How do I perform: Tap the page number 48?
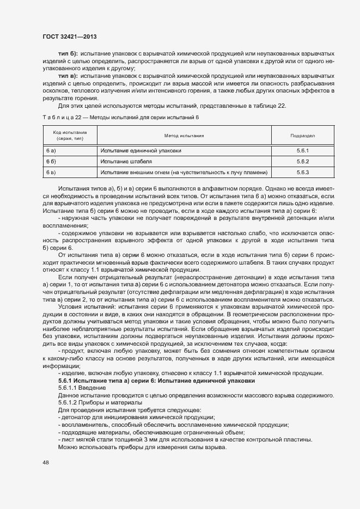coord(45,463)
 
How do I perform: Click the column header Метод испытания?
coord(184,136)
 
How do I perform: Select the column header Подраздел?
coord(303,136)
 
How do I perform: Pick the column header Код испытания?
coord(70,136)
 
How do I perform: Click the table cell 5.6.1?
coord(303,151)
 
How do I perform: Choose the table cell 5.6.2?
coord(303,162)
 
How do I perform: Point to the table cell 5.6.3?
coord(303,173)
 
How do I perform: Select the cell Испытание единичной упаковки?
coord(141,151)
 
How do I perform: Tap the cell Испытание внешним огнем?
coord(184,173)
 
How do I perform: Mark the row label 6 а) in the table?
coord(52,151)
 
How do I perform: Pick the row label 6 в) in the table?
coord(52,173)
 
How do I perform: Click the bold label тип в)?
coord(68,76)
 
